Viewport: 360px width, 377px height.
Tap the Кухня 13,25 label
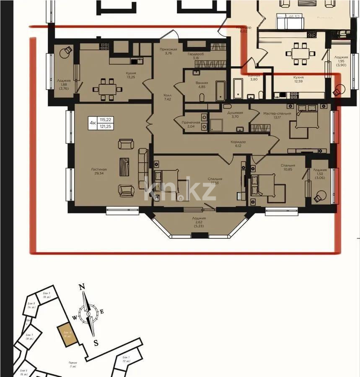[x=131, y=73]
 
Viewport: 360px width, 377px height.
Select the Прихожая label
[x=168, y=49]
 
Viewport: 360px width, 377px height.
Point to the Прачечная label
[x=190, y=122]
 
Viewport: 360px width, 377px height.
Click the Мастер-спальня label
[x=277, y=114]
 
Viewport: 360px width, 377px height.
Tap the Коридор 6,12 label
[x=238, y=142]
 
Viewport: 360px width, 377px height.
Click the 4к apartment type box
[x=92, y=123]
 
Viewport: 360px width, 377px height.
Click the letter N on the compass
[x=83, y=287]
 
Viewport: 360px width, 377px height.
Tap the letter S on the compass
[x=96, y=343]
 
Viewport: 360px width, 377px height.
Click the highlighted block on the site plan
[x=67, y=335]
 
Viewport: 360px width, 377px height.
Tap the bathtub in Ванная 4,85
[x=220, y=90]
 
